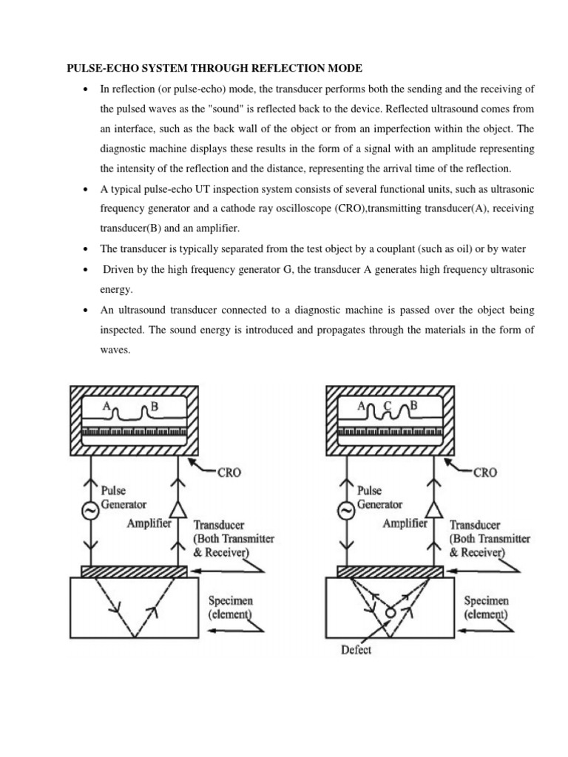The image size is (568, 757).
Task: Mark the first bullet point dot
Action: point(87,89)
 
